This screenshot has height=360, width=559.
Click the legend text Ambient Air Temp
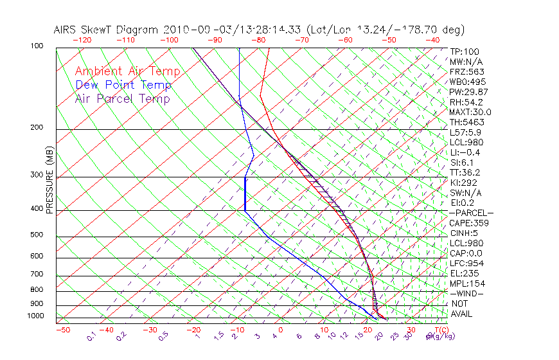tap(127, 71)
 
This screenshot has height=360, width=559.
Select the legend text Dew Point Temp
tap(123, 85)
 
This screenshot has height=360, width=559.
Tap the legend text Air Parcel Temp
tap(122, 98)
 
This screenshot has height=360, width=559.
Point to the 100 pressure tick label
tap(37, 46)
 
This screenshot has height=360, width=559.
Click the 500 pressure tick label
tap(37, 235)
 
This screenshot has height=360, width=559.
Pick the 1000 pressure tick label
tap(35, 316)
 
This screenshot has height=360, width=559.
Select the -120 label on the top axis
tap(82, 40)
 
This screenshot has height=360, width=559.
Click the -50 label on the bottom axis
tap(62, 330)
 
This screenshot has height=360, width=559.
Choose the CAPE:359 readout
tap(468, 223)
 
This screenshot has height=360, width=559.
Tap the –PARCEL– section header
tap(471, 213)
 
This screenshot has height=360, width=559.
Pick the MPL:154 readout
tap(467, 283)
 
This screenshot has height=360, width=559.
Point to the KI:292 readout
tap(464, 183)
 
